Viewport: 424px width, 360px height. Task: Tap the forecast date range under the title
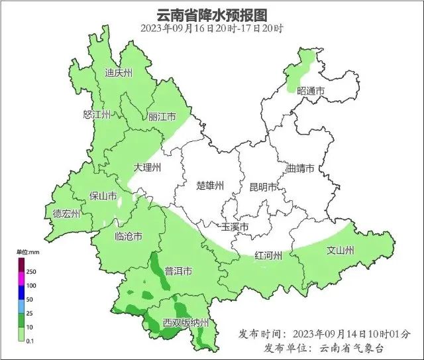click(x=212, y=29)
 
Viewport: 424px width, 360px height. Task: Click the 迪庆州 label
click(x=119, y=73)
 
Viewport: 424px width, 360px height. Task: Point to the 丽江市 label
click(x=162, y=117)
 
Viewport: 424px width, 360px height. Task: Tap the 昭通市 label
click(x=311, y=91)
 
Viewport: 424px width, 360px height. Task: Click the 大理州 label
click(x=146, y=168)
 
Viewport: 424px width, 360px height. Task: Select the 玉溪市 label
click(x=235, y=227)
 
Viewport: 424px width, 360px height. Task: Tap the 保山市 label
click(x=103, y=196)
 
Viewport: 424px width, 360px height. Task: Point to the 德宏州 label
click(x=66, y=213)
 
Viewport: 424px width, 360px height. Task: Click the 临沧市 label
click(x=128, y=237)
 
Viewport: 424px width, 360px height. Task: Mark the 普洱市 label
click(x=178, y=271)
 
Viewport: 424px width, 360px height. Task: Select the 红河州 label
click(x=269, y=256)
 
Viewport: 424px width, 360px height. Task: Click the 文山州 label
click(x=341, y=251)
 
